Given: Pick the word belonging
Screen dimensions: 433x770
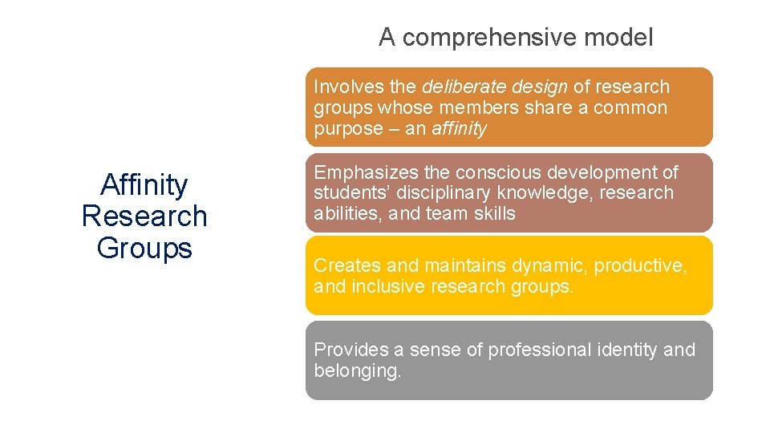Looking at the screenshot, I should click(357, 370).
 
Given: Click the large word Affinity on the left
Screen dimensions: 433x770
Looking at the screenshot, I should click(144, 185).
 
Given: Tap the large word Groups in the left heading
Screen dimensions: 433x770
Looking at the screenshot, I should click(144, 248).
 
